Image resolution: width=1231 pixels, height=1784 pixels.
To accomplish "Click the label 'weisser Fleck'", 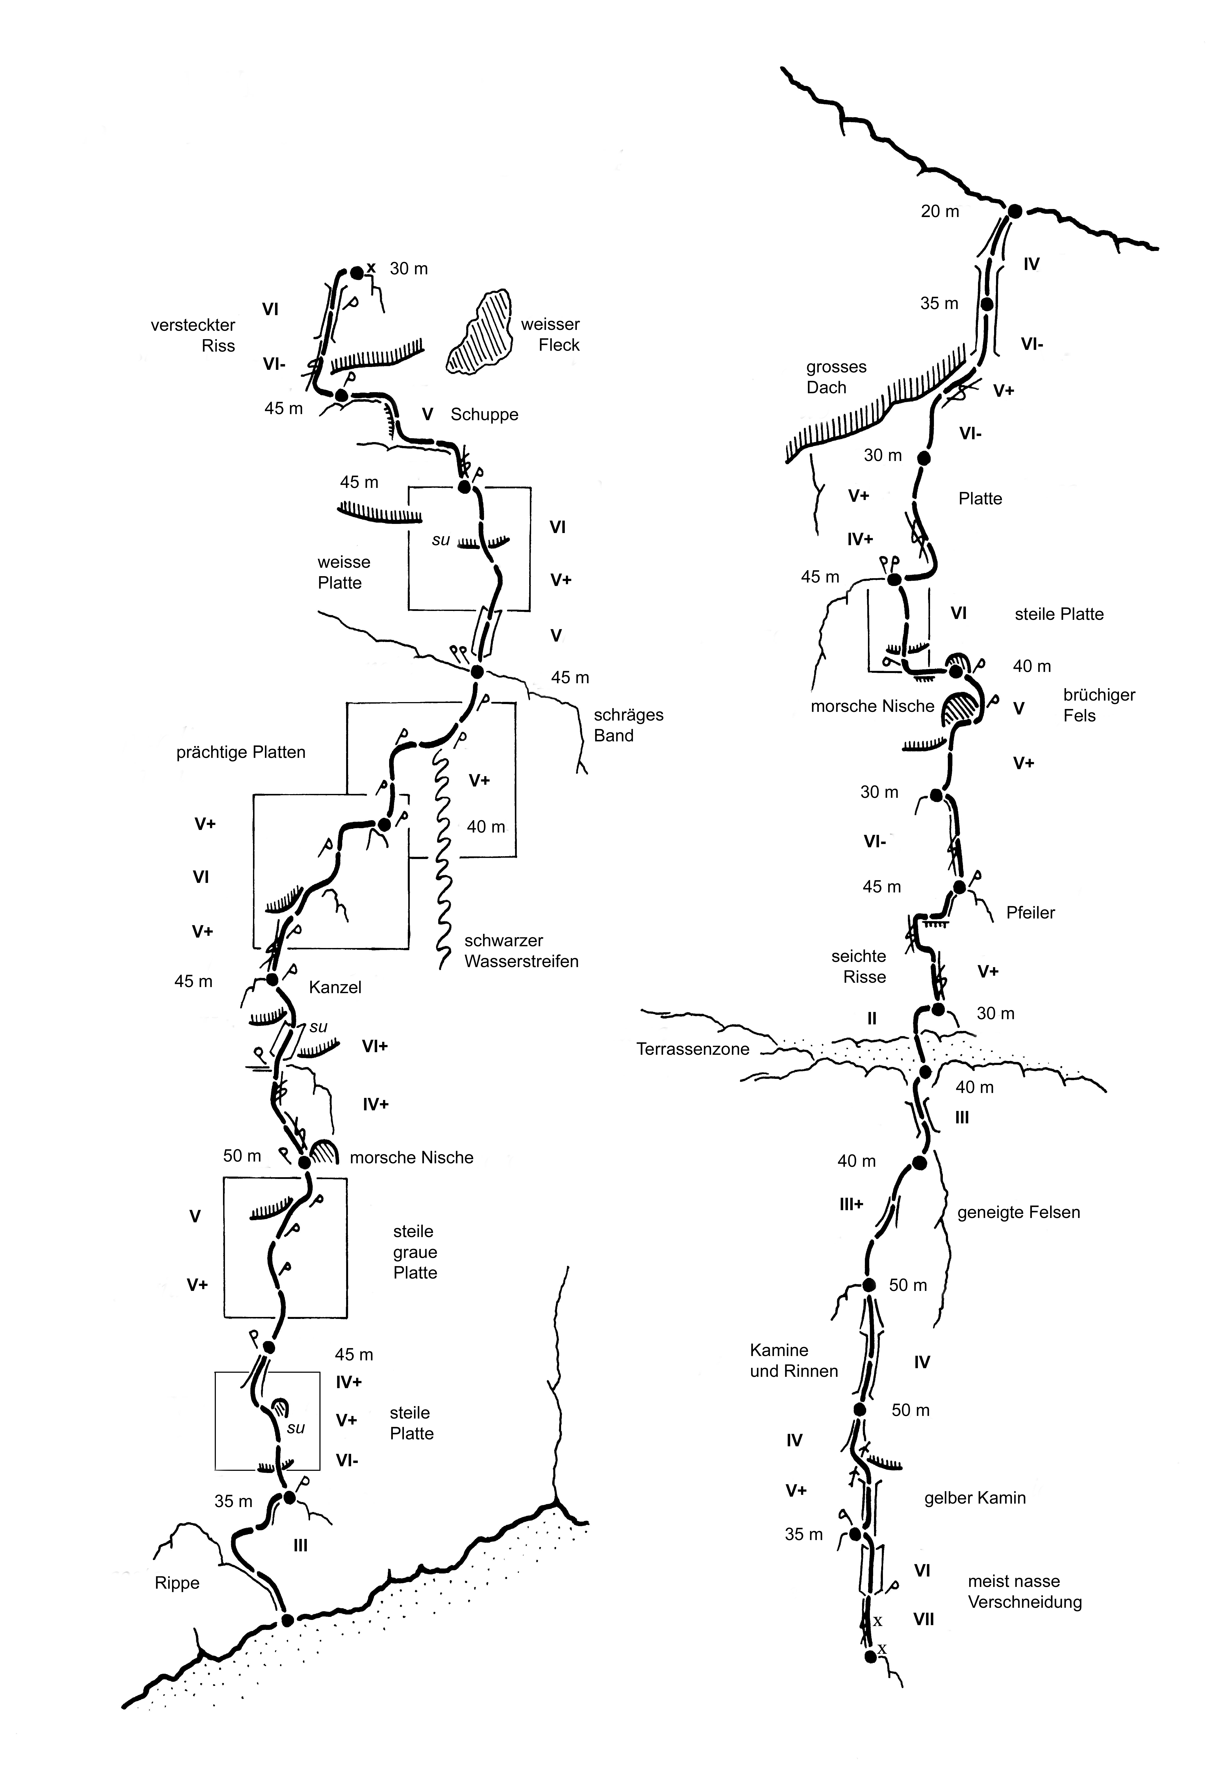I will pyautogui.click(x=550, y=335).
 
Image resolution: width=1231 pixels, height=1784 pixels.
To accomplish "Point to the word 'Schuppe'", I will pyautogui.click(x=484, y=415).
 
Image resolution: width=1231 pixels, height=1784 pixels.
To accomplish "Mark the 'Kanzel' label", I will pyautogui.click(x=335, y=987).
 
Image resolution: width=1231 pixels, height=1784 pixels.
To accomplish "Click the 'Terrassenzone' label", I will pyautogui.click(x=693, y=1049).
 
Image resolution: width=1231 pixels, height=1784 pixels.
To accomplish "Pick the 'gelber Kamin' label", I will pyautogui.click(x=975, y=1498).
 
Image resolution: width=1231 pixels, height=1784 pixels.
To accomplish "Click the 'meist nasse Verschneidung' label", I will pyautogui.click(x=1024, y=1592).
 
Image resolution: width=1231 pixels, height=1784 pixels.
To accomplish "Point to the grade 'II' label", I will pyautogui.click(x=872, y=1019).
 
